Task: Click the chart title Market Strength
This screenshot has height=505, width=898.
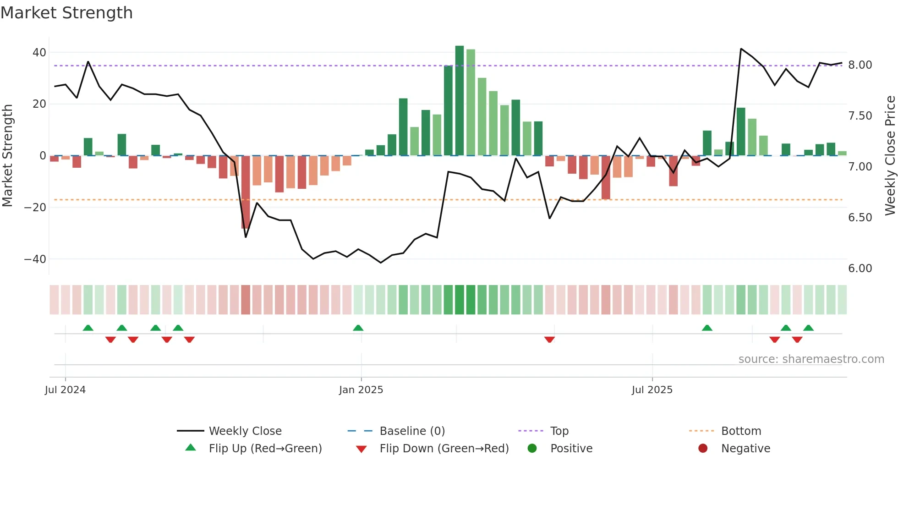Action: coord(66,13)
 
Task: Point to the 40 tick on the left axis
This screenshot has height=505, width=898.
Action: coord(39,52)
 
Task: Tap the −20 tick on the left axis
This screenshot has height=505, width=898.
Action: coord(35,207)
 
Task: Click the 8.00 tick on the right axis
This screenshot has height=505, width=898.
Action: coord(860,65)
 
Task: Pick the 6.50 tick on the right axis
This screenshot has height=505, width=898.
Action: coord(860,217)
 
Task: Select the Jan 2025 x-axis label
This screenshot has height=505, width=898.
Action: coord(361,390)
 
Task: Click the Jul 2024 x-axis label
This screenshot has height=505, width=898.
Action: coord(65,390)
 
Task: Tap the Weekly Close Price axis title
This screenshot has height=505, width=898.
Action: coord(890,155)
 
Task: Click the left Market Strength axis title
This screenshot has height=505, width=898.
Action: coord(7,155)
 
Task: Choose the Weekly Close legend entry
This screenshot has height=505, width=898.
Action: coord(245,431)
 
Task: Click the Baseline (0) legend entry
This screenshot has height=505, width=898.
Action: coord(412,431)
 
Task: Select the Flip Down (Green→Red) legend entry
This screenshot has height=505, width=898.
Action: coord(444,449)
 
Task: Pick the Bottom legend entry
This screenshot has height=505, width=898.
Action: coord(741,431)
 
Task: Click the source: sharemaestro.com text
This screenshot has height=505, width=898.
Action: coord(811,359)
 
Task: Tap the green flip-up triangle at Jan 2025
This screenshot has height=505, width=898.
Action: coord(358,328)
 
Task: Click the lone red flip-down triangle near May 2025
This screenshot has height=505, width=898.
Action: coord(549,340)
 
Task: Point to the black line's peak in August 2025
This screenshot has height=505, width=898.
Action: coord(741,49)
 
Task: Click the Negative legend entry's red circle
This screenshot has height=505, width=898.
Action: coord(703,449)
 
